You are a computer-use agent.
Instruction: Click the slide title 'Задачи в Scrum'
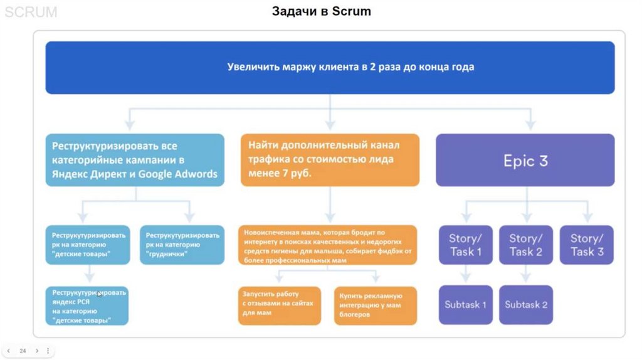pyautogui.click(x=321, y=11)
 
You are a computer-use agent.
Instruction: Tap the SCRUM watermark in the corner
pyautogui.click(x=31, y=12)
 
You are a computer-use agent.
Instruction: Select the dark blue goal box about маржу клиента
pyautogui.click(x=330, y=68)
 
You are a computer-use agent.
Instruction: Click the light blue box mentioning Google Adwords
pyautogui.click(x=135, y=160)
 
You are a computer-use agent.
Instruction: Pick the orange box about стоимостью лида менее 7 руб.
pyautogui.click(x=330, y=160)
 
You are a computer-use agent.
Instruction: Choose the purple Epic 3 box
pyautogui.click(x=525, y=160)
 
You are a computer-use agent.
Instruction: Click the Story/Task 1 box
pyautogui.click(x=465, y=245)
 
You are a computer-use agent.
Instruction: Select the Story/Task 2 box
pyautogui.click(x=526, y=245)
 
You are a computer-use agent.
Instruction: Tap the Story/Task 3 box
pyautogui.click(x=587, y=245)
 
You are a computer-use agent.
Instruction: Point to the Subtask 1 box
pyautogui.click(x=465, y=305)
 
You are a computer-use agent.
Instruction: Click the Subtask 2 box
pyautogui.click(x=526, y=305)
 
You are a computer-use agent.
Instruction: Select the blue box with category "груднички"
pyautogui.click(x=182, y=245)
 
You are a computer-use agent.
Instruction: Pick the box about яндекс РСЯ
pyautogui.click(x=87, y=305)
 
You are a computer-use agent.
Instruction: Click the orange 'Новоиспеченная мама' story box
pyautogui.click(x=328, y=245)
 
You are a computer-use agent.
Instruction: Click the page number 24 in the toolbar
pyautogui.click(x=23, y=351)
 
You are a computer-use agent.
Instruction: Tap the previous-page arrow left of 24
pyautogui.click(x=9, y=351)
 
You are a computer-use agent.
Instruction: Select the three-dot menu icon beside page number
pyautogui.click(x=48, y=351)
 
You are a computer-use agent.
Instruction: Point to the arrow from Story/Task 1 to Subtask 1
pyautogui.click(x=465, y=275)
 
